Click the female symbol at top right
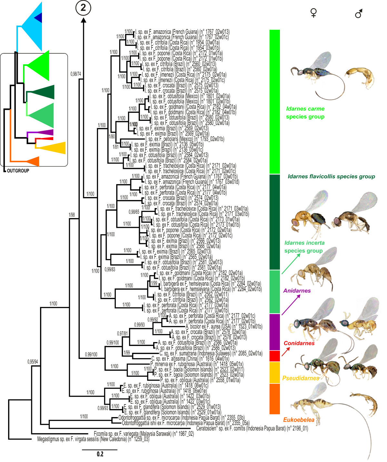[313, 13]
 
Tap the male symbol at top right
[359, 14]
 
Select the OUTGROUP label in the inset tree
[18, 171]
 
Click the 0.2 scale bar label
[100, 454]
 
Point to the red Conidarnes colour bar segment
[274, 356]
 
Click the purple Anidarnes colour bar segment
[274, 332]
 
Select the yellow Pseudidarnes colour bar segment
[274, 373]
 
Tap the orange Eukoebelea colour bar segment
[274, 399]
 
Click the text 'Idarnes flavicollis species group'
[331, 176]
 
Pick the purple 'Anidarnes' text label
[297, 291]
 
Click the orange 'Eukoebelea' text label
[299, 420]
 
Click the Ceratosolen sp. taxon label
[252, 428]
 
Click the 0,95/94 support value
[33, 362]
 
